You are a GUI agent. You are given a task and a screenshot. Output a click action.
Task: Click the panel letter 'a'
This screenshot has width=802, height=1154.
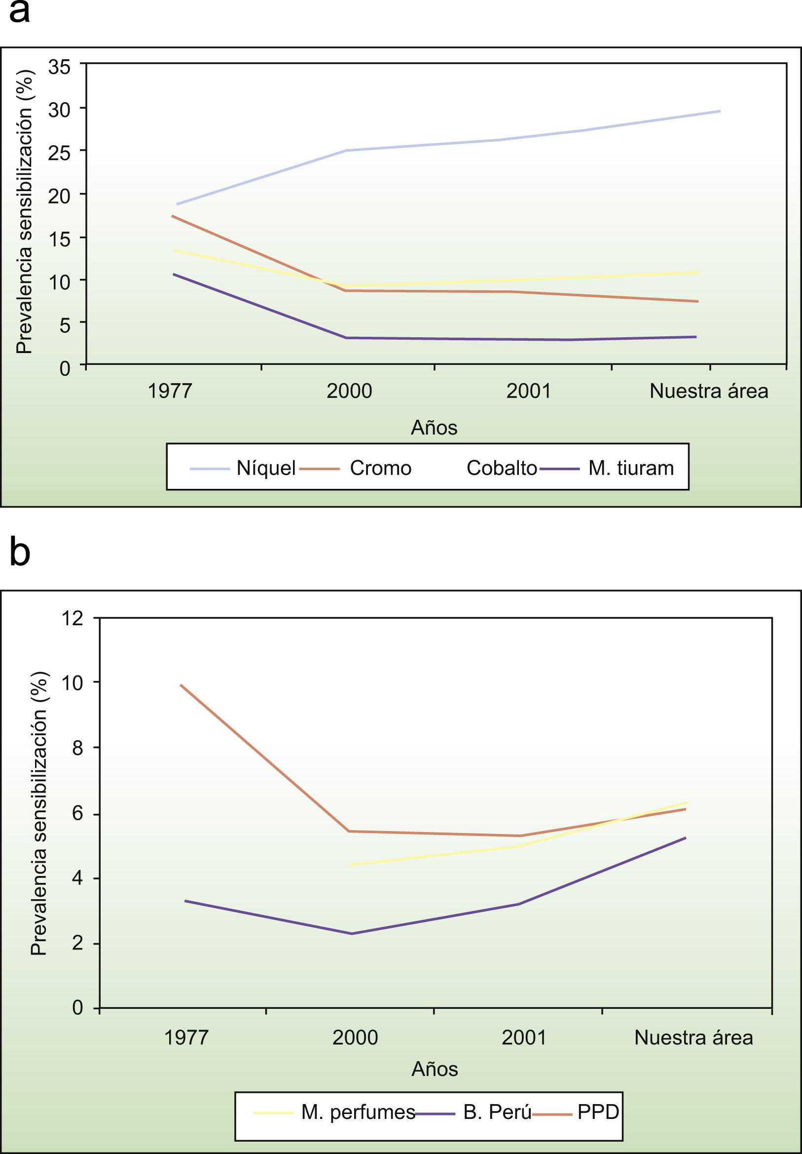pos(20,12)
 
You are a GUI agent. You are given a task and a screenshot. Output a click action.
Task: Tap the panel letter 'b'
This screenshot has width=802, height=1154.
pos(20,552)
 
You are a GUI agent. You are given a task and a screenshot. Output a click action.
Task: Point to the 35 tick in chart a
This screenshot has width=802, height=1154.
pos(59,66)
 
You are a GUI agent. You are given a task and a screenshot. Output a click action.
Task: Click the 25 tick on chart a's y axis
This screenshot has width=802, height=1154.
pos(59,153)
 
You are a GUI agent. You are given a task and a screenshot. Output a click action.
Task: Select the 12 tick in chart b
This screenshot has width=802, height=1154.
pos(72,618)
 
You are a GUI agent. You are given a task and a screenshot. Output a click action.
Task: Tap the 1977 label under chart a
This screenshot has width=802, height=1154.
pos(170,391)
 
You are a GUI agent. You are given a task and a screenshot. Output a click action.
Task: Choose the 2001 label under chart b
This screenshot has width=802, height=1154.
pos(524,1037)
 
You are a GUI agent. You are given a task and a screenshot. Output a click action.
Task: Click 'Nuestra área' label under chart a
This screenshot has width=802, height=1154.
pos(709,391)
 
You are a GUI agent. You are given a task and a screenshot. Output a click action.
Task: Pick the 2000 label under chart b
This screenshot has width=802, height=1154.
pos(355,1037)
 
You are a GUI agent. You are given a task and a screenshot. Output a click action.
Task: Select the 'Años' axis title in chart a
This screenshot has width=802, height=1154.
pos(434,428)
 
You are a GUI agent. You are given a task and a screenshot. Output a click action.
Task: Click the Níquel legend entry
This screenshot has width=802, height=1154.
pos(266,469)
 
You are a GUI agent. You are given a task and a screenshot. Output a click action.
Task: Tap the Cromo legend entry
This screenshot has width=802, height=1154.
pos(380,469)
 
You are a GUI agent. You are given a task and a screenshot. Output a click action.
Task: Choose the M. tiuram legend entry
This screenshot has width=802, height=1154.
pos(631,469)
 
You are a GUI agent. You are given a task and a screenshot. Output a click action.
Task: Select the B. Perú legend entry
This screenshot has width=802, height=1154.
pos(497,1113)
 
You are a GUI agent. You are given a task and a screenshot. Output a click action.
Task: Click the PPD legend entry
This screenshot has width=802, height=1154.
pos(598,1113)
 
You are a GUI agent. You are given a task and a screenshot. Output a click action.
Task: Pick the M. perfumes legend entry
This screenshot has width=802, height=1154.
pos(358,1113)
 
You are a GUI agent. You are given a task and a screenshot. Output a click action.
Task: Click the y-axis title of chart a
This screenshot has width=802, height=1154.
pos(24,211)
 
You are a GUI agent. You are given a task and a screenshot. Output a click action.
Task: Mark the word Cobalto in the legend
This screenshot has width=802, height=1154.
pos(501,469)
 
